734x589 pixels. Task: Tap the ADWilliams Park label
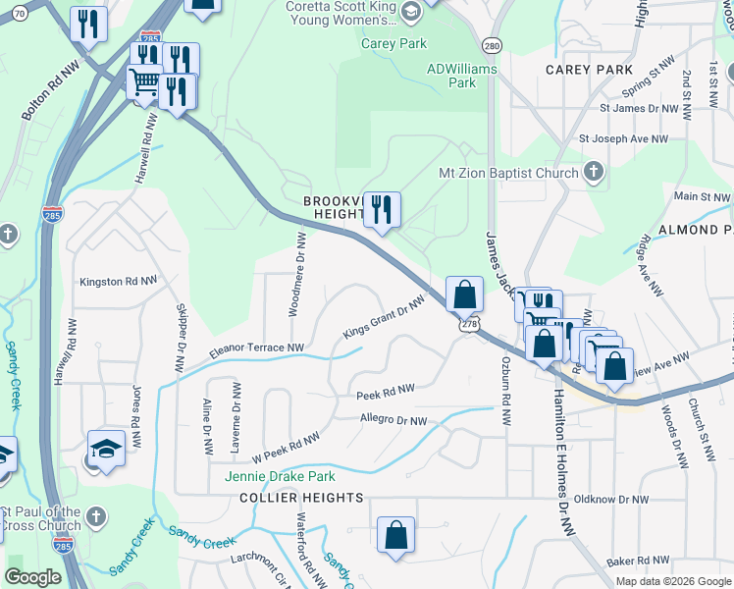[462, 76]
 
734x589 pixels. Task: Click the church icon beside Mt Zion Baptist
[592, 174]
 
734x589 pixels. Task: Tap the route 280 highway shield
[492, 45]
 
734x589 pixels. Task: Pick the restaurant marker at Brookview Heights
[382, 209]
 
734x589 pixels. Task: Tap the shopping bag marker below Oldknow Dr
[395, 535]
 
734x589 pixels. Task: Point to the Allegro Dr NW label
[393, 421]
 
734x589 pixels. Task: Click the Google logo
[32, 577]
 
